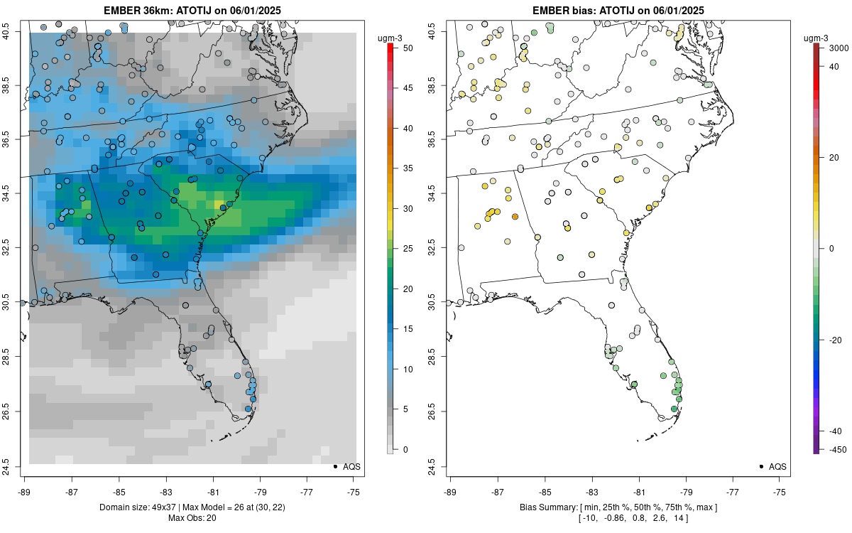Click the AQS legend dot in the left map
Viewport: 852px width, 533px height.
(334, 466)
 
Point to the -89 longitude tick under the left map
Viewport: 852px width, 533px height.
(25, 492)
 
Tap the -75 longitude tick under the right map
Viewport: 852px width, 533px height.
(780, 492)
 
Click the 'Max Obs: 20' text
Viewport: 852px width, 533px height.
(192, 517)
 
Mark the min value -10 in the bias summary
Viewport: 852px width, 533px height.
(593, 517)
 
